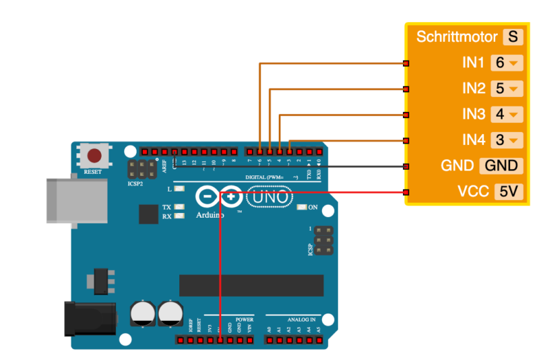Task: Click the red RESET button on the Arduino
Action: [94, 156]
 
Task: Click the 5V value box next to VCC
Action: [509, 192]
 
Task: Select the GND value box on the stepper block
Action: [501, 166]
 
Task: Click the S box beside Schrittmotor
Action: [513, 36]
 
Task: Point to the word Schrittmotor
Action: [457, 36]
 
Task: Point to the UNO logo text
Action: [270, 198]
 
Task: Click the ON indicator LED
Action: [301, 208]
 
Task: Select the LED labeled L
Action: [179, 189]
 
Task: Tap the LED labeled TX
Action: [179, 207]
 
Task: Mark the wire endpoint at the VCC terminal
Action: [406, 192]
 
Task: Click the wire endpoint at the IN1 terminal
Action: [406, 63]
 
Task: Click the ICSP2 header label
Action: [135, 183]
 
